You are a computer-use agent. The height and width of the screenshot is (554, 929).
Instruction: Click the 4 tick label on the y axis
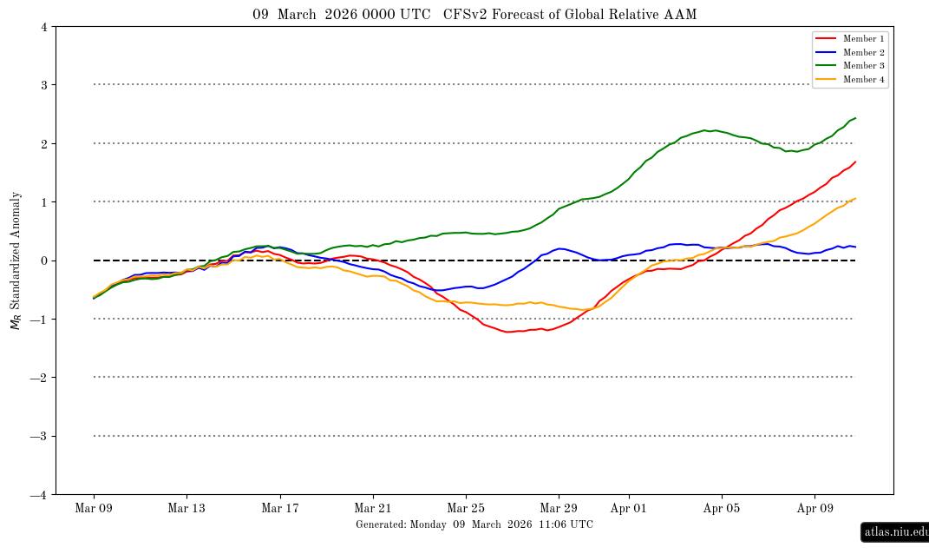pyautogui.click(x=43, y=27)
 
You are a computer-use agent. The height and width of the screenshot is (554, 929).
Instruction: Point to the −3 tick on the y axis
pyautogui.click(x=40, y=436)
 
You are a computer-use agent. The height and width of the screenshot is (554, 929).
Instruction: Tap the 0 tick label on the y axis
pyautogui.click(x=43, y=261)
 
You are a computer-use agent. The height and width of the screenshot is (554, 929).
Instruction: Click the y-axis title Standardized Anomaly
pyautogui.click(x=15, y=261)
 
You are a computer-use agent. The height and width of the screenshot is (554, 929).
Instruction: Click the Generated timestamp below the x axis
pyautogui.click(x=474, y=524)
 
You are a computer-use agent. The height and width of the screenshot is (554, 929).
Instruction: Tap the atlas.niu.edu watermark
pyautogui.click(x=895, y=532)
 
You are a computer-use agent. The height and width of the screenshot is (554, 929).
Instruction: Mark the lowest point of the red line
pyautogui.click(x=509, y=332)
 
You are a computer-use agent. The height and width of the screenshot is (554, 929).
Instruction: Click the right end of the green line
pyautogui.click(x=855, y=117)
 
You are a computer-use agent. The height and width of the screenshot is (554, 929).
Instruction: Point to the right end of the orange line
pyautogui.click(x=855, y=198)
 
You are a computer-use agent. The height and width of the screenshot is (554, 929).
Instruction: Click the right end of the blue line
pyautogui.click(x=855, y=247)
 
